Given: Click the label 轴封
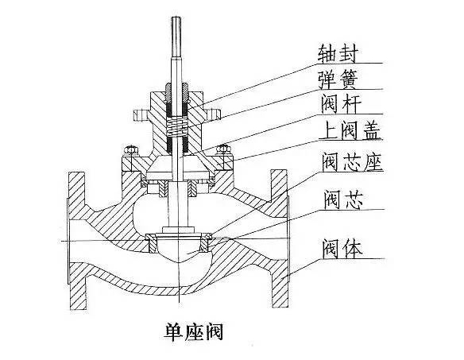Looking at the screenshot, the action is pyautogui.click(x=338, y=54).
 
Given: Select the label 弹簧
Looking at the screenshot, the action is pyautogui.click(x=338, y=80).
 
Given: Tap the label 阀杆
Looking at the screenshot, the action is pyautogui.click(x=341, y=105).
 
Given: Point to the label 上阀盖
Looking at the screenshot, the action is pyautogui.click(x=350, y=130).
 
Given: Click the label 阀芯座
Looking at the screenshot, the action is pyautogui.click(x=352, y=162).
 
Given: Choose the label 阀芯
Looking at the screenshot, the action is pyautogui.click(x=343, y=199).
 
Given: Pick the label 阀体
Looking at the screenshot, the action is pyautogui.click(x=342, y=249).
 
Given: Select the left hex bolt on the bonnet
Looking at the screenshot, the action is pyautogui.click(x=130, y=150).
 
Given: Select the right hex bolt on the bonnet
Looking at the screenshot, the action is pyautogui.click(x=222, y=150).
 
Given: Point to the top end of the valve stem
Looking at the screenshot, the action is pyautogui.click(x=176, y=17).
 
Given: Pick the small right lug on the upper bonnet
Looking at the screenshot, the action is pyautogui.click(x=212, y=115).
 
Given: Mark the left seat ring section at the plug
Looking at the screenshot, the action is pyautogui.click(x=152, y=242).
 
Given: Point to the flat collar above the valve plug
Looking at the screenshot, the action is pyautogui.click(x=178, y=230).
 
